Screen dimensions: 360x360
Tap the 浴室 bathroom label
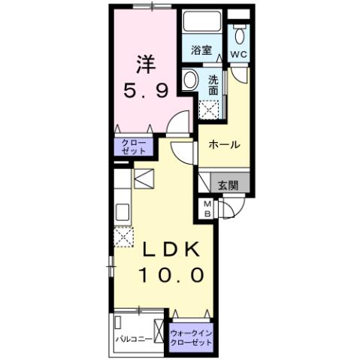point(201,51)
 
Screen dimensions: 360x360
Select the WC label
point(239,55)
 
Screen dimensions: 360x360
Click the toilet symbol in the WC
point(240,35)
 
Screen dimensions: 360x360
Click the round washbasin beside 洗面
point(190,80)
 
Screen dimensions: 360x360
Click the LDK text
point(165,250)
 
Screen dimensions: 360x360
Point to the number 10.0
point(170,276)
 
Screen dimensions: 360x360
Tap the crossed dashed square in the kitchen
point(123,236)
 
